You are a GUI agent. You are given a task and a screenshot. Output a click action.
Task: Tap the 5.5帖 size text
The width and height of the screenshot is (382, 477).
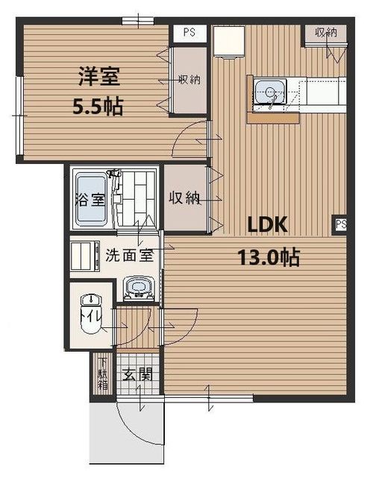click(x=98, y=107)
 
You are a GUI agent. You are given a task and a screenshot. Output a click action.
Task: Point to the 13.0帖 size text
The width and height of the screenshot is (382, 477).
click(x=269, y=258)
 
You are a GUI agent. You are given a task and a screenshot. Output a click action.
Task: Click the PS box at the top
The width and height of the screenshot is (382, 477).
click(x=189, y=34)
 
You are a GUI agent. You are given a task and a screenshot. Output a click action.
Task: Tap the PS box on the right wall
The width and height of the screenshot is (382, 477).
click(x=341, y=224)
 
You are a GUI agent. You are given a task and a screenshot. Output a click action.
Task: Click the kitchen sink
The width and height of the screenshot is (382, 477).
click(x=269, y=92)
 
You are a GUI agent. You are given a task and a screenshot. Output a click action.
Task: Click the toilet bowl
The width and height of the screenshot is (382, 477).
click(x=90, y=309)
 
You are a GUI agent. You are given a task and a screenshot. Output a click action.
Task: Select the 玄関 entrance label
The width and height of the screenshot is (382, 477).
click(x=137, y=374)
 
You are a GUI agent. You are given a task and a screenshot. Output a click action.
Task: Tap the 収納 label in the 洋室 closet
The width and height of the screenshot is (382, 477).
click(x=189, y=80)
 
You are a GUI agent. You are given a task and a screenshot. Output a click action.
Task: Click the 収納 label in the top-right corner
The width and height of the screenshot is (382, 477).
click(x=325, y=32)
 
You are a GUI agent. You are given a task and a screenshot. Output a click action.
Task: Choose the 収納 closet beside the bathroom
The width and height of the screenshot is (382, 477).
click(x=184, y=198)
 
